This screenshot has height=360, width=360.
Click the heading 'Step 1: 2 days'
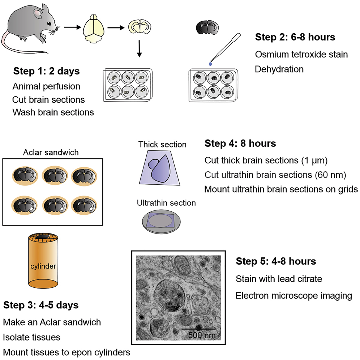coord(46,71)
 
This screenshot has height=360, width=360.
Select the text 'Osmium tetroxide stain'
coord(301,55)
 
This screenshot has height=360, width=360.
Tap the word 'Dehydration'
coord(279,69)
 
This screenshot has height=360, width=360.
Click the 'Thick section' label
coord(162,145)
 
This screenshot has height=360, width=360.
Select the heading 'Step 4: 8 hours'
coord(240,143)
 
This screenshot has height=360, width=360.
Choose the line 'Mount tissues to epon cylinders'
coord(67,352)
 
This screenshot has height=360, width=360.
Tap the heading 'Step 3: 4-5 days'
coord(41,305)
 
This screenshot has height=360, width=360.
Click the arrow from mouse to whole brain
coord(72,26)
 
